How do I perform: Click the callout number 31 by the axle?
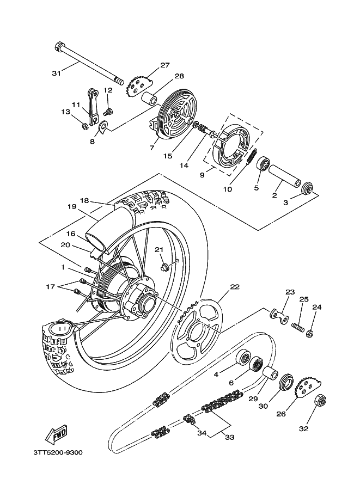pyautogui.click(x=56, y=73)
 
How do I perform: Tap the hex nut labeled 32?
pyautogui.click(x=321, y=402)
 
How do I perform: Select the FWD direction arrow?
pyautogui.click(x=57, y=434)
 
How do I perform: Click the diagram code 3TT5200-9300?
pyautogui.click(x=58, y=452)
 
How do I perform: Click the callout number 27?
pyautogui.click(x=164, y=65)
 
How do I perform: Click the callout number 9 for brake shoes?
pyautogui.click(x=202, y=175)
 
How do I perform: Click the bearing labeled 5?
pyautogui.click(x=263, y=163)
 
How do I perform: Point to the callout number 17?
pyautogui.click(x=51, y=287)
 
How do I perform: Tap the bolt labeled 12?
pyautogui.click(x=109, y=112)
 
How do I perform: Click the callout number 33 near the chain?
pyautogui.click(x=229, y=437)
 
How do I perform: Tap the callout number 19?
pyautogui.click(x=72, y=207)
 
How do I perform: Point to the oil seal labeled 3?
pyautogui.click(x=307, y=188)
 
